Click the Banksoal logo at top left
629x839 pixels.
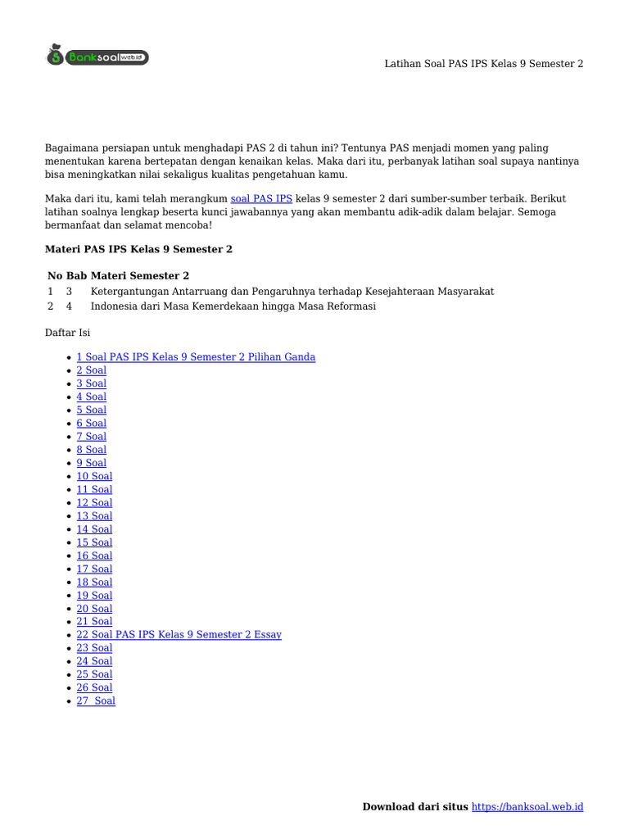[x=97, y=57]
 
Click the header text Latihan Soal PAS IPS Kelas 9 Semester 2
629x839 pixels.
[x=484, y=64]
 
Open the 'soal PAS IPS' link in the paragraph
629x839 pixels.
[x=261, y=199]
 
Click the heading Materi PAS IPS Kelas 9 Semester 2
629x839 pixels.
[x=138, y=249]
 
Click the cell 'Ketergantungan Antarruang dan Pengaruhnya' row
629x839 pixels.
[x=292, y=292]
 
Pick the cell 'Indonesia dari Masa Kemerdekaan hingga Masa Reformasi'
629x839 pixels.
[x=233, y=306]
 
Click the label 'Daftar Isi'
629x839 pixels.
[x=67, y=333]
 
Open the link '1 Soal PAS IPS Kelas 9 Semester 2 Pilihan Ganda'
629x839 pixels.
[x=196, y=357]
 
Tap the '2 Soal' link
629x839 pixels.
[x=92, y=370]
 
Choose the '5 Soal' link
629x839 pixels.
[x=92, y=410]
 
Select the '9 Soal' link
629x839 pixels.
[x=92, y=463]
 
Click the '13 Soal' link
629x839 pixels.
[x=94, y=516]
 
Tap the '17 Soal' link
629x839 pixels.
[x=94, y=569]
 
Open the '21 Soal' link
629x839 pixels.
[x=94, y=622]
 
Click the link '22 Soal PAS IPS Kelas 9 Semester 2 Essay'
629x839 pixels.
[x=179, y=635]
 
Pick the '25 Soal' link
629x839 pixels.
[x=94, y=674]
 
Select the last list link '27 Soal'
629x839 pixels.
[x=96, y=701]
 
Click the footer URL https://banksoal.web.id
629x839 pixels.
[x=528, y=807]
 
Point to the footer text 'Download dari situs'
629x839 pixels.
[x=416, y=807]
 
